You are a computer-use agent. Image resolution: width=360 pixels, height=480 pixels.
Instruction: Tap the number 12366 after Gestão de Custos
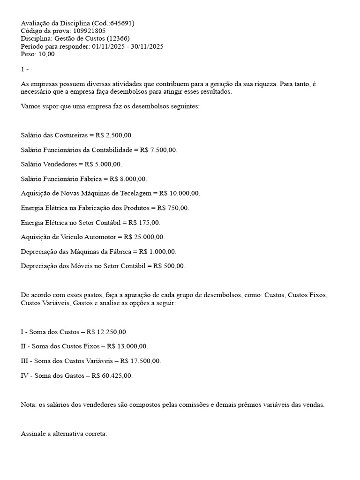point(118,38)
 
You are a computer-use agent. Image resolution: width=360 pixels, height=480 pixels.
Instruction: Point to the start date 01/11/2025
point(108,46)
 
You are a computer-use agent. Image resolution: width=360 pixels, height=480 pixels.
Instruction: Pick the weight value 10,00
point(45,54)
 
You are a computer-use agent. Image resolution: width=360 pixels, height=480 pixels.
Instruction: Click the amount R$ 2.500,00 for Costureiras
point(114,135)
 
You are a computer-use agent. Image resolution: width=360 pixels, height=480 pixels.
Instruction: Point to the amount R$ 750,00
point(173,208)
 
